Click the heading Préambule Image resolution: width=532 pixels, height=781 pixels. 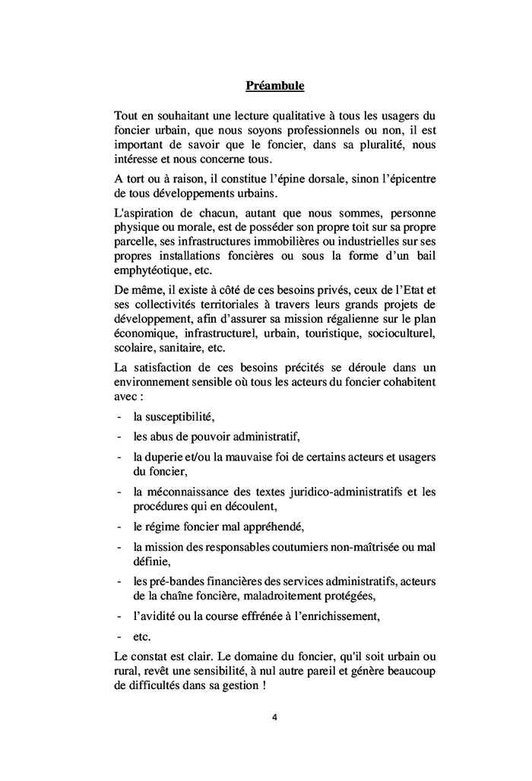click(274, 86)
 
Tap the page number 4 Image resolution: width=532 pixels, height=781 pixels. click(274, 716)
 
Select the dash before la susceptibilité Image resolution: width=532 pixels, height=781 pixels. click(119, 416)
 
